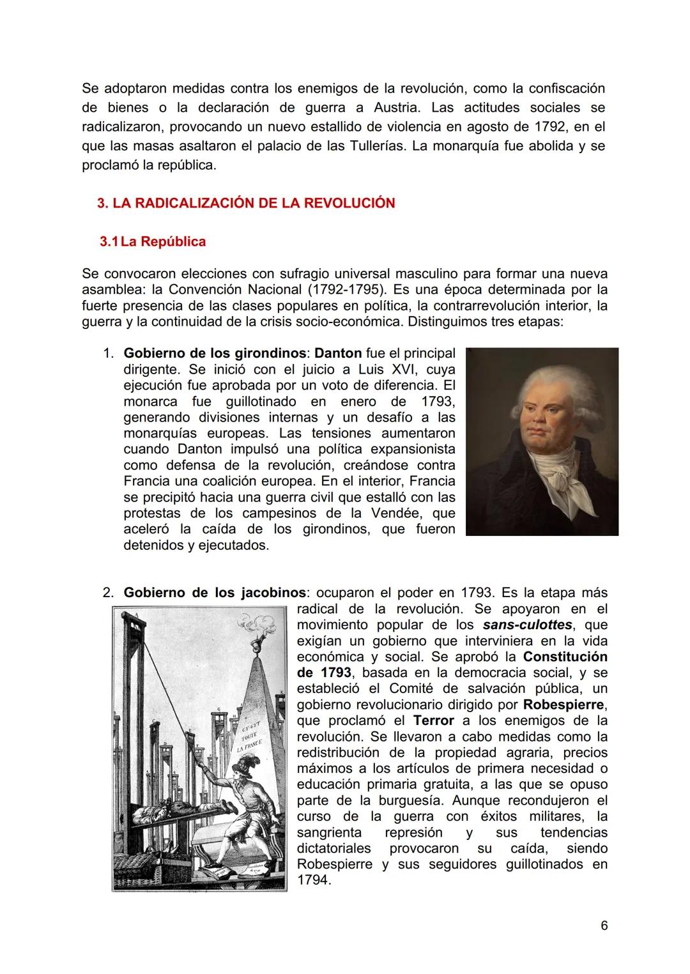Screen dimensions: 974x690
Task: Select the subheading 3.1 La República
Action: [153, 241]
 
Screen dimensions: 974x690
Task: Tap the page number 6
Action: [604, 925]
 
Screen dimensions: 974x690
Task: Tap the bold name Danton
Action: [339, 353]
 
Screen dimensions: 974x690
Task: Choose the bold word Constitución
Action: [565, 657]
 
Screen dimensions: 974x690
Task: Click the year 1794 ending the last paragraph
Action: [314, 880]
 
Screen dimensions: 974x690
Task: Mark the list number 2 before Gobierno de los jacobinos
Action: [108, 593]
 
